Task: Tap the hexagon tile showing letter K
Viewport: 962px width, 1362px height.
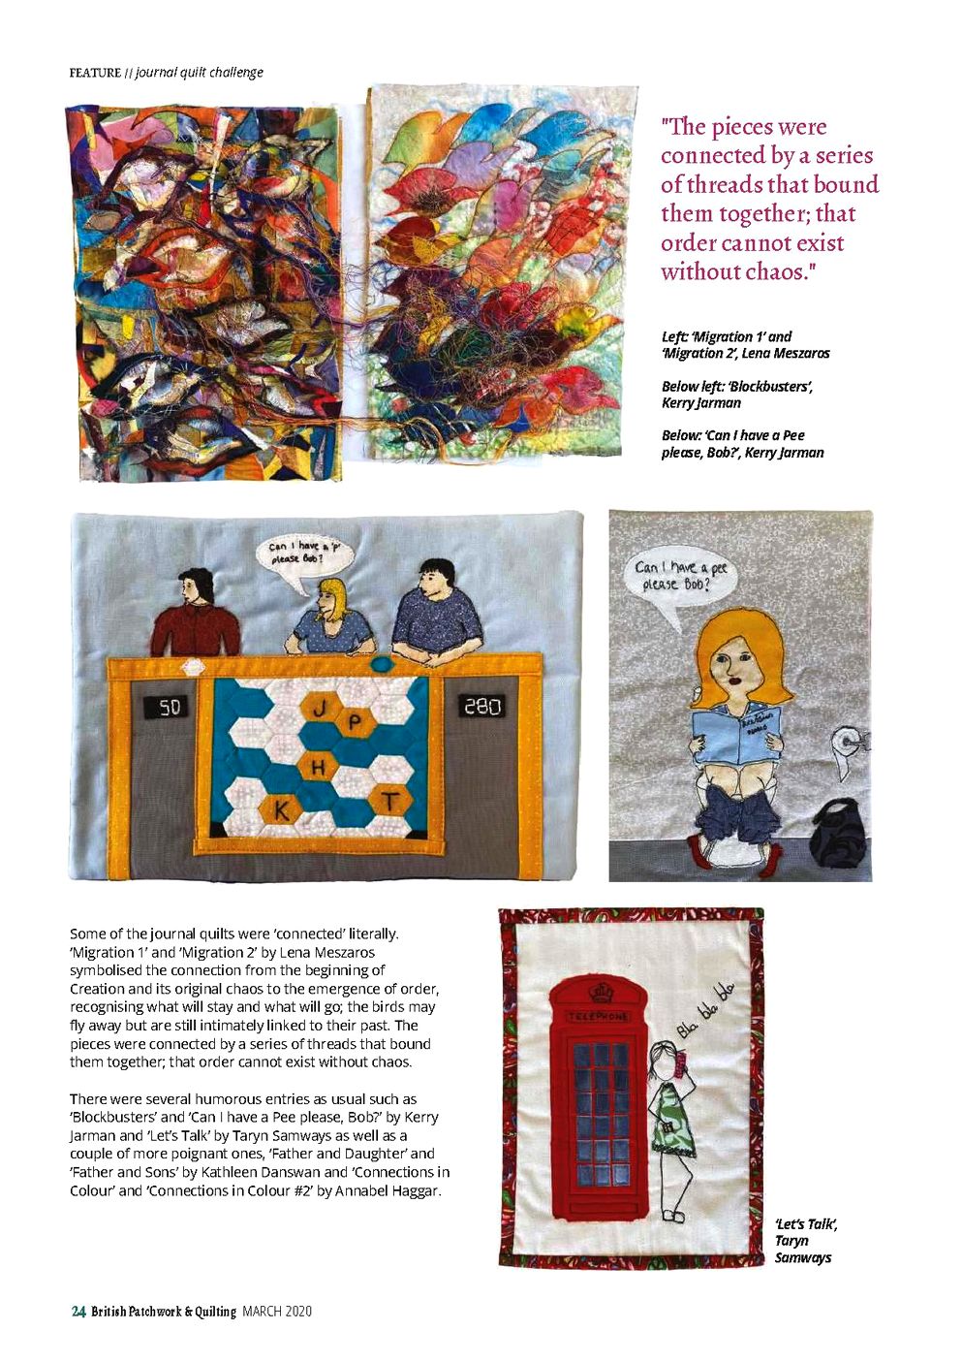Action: [281, 809]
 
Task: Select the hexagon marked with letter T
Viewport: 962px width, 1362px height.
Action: [388, 802]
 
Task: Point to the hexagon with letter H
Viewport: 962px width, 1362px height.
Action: [318, 768]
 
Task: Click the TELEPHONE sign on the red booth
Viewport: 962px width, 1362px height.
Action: [599, 1016]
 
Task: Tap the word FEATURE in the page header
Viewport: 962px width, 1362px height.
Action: [95, 73]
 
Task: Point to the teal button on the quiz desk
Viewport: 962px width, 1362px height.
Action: [383, 663]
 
